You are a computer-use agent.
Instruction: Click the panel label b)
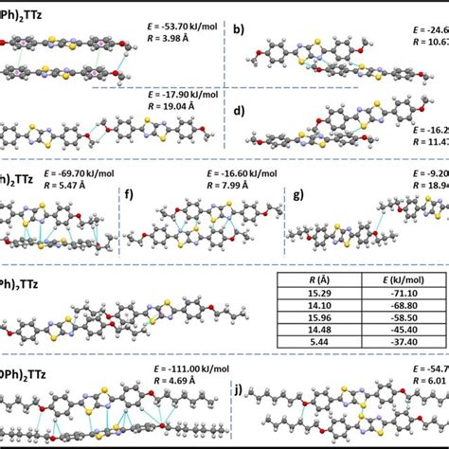(240, 30)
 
